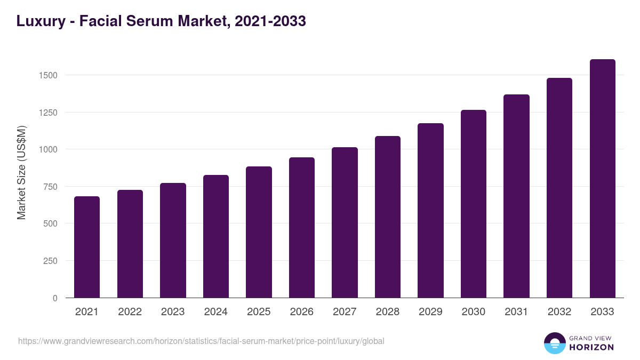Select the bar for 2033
pyautogui.click(x=602, y=179)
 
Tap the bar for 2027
pyautogui.click(x=345, y=222)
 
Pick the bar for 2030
pyautogui.click(x=474, y=204)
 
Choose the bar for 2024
pyautogui.click(x=216, y=236)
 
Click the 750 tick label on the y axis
pyautogui.click(x=50, y=187)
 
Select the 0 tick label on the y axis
pyautogui.click(x=55, y=298)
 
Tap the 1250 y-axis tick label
pyautogui.click(x=47, y=113)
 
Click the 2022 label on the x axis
pyautogui.click(x=130, y=312)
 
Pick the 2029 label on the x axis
pyautogui.click(x=430, y=312)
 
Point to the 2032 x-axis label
pyautogui.click(x=559, y=312)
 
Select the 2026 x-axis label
pyautogui.click(x=301, y=312)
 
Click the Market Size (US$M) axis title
pyautogui.click(x=21, y=172)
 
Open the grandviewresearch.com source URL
pyautogui.click(x=201, y=341)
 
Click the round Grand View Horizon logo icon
pyautogui.click(x=554, y=343)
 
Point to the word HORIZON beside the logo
pyautogui.click(x=591, y=347)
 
